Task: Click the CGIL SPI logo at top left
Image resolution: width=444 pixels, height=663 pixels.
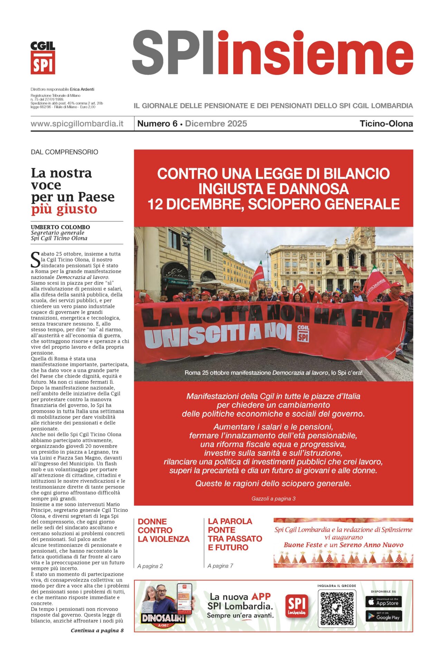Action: tap(43, 58)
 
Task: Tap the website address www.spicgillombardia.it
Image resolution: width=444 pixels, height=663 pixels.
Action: tap(77, 124)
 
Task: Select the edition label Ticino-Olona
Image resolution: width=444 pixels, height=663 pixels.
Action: tap(386, 124)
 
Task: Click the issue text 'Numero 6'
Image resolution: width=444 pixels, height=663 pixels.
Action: tap(157, 124)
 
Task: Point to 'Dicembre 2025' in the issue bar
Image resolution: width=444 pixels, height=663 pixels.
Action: tap(216, 124)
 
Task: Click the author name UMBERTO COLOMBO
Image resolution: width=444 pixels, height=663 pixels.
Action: tap(60, 227)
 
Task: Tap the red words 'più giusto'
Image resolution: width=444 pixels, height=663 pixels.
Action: tap(64, 209)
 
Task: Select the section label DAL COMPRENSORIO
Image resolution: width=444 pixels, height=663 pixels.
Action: tap(65, 152)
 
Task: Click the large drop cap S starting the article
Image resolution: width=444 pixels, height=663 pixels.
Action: tap(36, 260)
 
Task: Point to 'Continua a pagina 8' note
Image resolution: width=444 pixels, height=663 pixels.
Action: tap(97, 631)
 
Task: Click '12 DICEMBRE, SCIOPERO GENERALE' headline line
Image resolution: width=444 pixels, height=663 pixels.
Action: tap(273, 204)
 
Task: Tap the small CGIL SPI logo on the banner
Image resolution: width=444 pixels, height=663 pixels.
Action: tap(303, 333)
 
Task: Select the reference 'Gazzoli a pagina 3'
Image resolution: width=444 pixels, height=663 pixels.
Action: tap(273, 499)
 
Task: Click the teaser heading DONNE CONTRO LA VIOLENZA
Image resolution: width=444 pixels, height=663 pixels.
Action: tap(164, 530)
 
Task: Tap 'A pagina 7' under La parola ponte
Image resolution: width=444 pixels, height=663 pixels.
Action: tap(220, 566)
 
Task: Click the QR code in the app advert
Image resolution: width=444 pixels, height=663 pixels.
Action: tap(337, 609)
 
